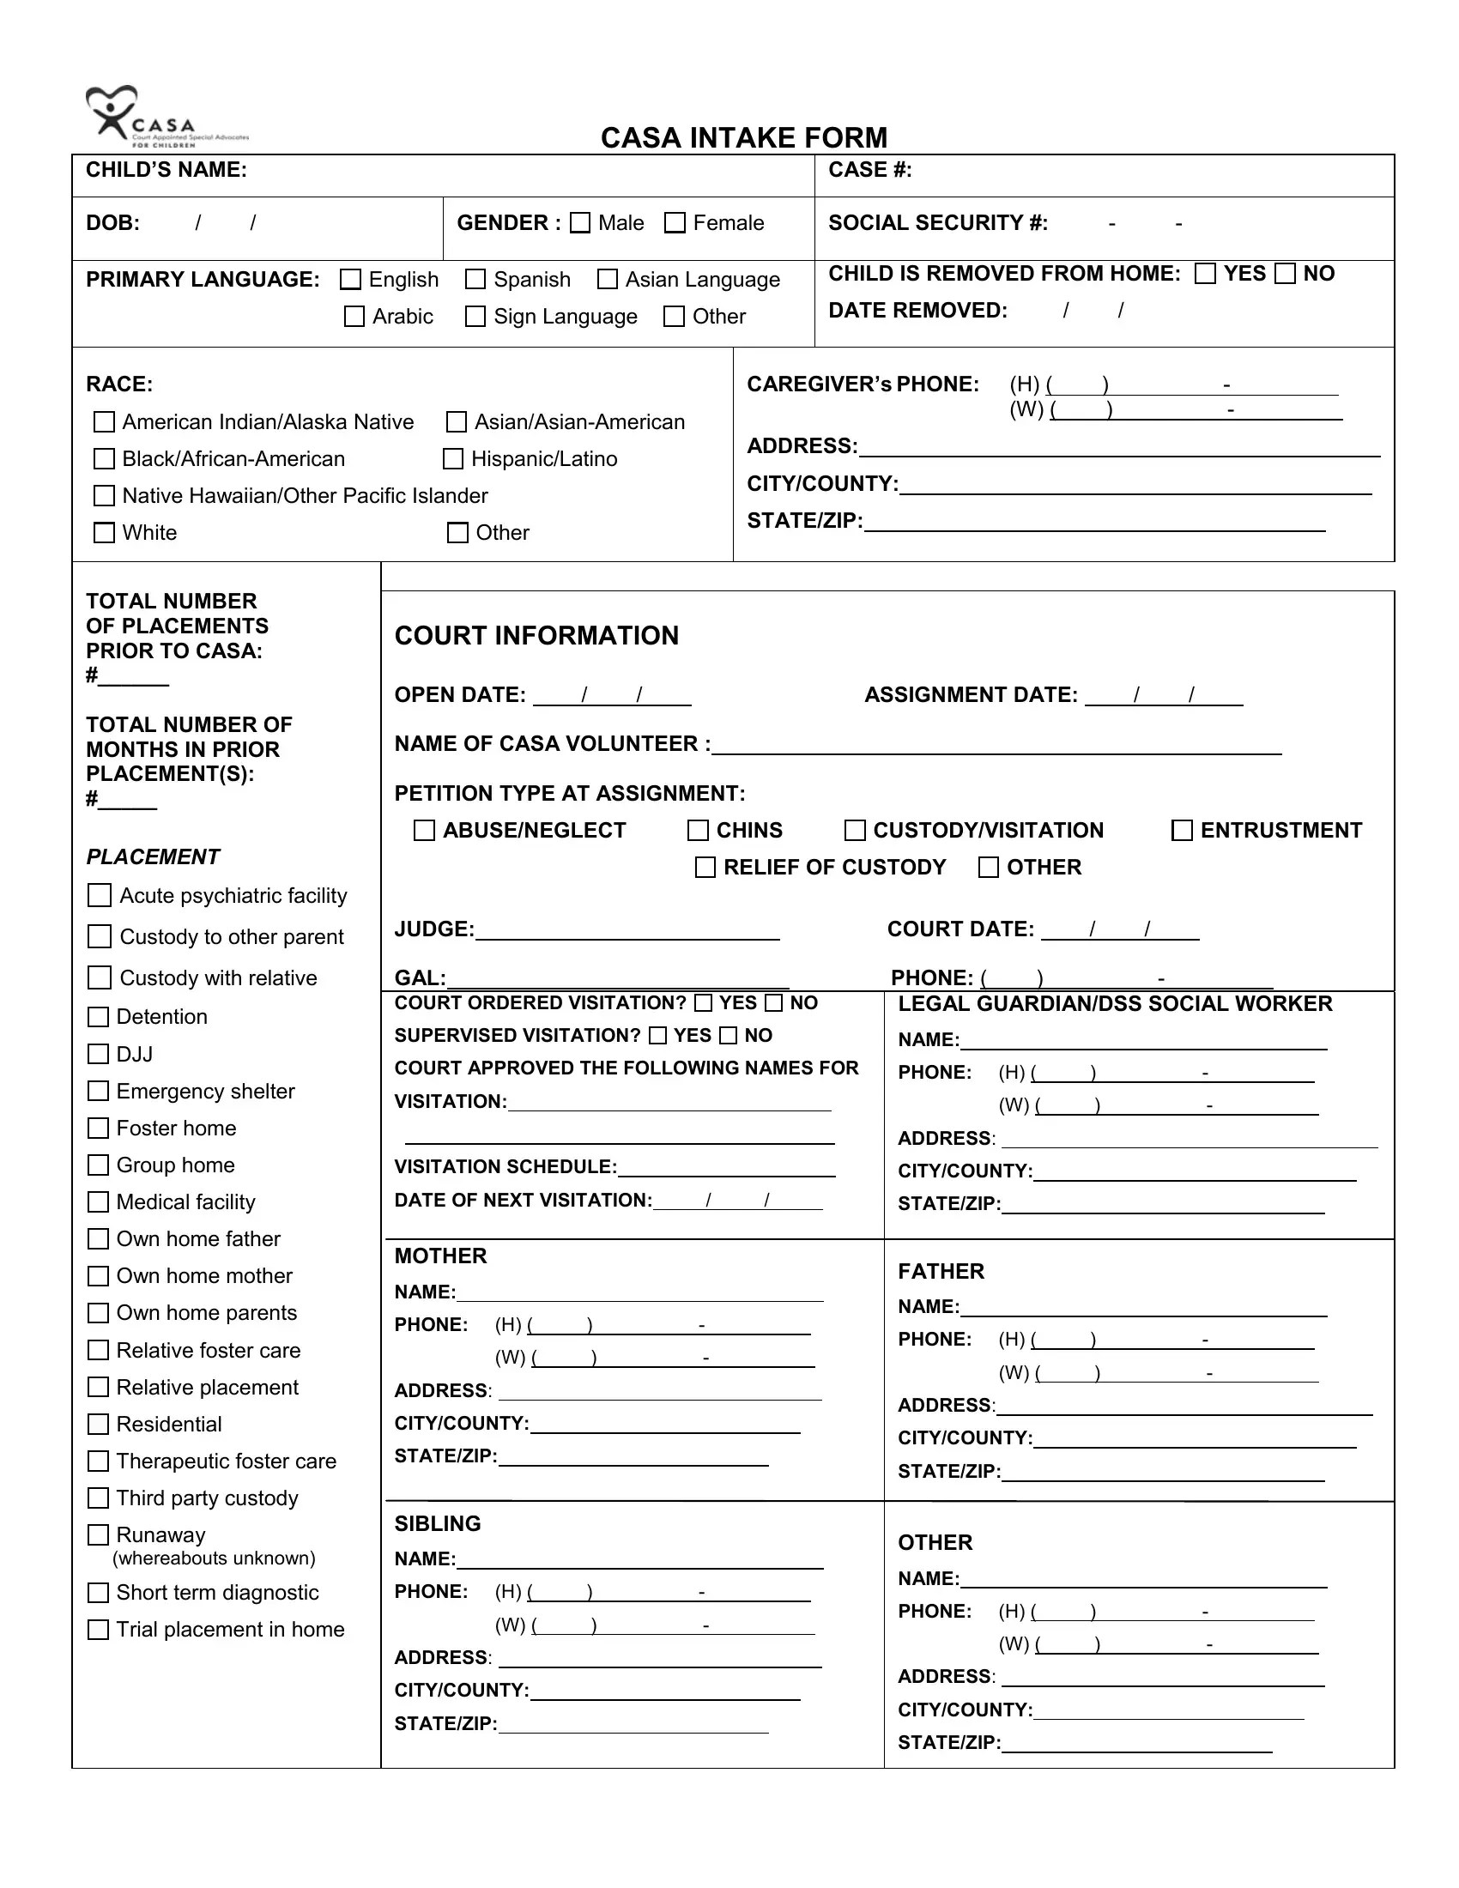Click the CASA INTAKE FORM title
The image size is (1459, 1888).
743,137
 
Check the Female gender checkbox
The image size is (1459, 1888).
675,223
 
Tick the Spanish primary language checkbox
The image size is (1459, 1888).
475,279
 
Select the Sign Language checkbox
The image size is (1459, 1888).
475,317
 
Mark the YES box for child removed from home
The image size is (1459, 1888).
1205,274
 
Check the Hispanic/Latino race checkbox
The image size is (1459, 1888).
453,459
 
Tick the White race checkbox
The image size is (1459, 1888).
104,533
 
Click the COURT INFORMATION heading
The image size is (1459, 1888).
536,635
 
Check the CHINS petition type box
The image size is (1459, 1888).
698,831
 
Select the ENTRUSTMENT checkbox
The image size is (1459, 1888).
1182,831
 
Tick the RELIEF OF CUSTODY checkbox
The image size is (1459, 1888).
705,867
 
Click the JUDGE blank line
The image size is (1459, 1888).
627,932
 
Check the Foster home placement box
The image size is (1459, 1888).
99,1129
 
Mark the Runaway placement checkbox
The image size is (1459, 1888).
99,1534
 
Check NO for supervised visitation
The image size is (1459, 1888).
729,1036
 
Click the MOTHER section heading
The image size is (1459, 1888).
440,1256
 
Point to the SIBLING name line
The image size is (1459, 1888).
639,1561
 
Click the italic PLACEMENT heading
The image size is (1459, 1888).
153,856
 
